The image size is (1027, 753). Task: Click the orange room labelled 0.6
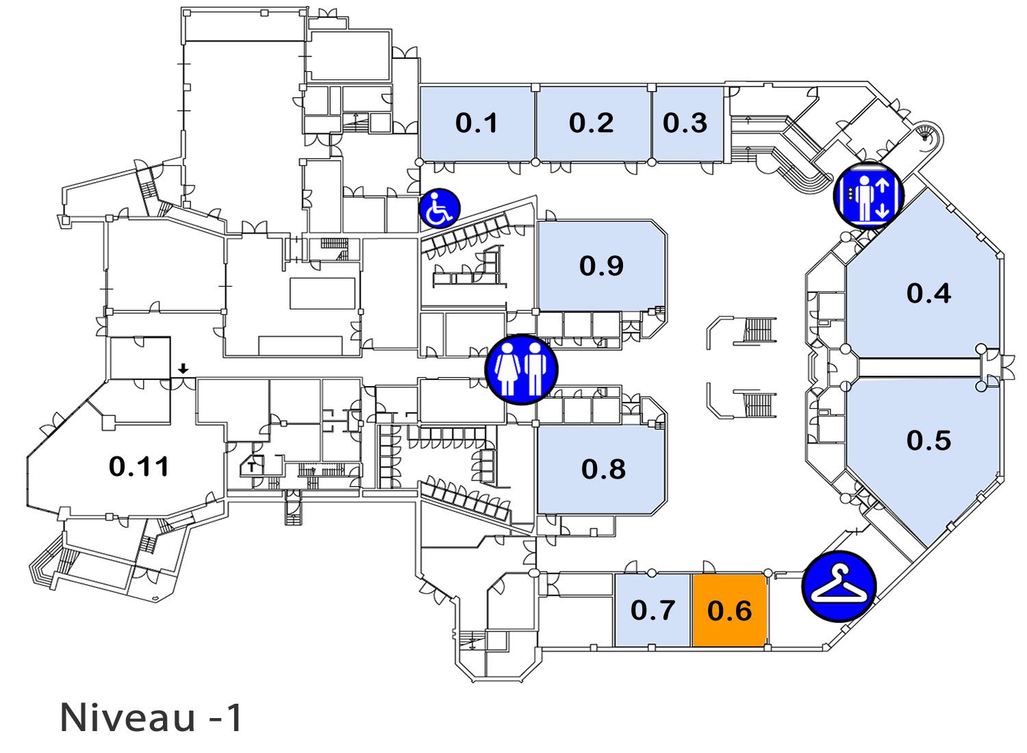729,610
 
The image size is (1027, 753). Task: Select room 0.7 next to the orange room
652,610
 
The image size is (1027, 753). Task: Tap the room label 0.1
477,123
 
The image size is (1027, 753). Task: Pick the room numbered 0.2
592,123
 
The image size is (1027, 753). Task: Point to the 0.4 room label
929,293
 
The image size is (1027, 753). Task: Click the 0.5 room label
929,440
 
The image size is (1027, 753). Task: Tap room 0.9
602,266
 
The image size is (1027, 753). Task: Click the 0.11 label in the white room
139,467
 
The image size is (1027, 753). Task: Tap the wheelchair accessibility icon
440,208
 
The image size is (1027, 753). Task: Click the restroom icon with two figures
521,370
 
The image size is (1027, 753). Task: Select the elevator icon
868,196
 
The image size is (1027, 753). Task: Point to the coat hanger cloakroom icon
839,586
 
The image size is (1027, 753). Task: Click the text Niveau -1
151,717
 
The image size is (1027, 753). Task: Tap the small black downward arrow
183,368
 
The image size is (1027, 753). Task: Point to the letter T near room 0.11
252,468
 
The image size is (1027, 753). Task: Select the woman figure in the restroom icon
507,370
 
